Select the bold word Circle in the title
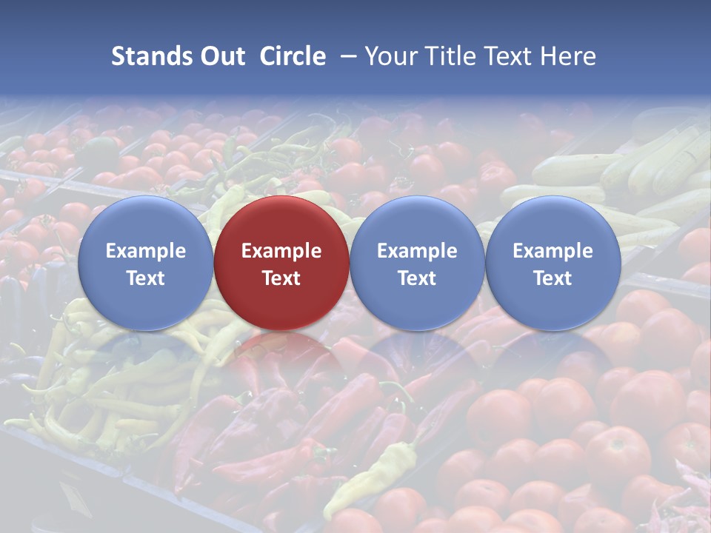[x=293, y=56]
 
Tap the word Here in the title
[x=569, y=56]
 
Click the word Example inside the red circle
[x=281, y=251]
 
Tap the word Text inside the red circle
[x=281, y=278]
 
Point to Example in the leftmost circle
[x=145, y=251]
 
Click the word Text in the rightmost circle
[x=553, y=278]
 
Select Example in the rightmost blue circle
[x=553, y=251]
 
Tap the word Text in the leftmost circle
[x=145, y=278]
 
